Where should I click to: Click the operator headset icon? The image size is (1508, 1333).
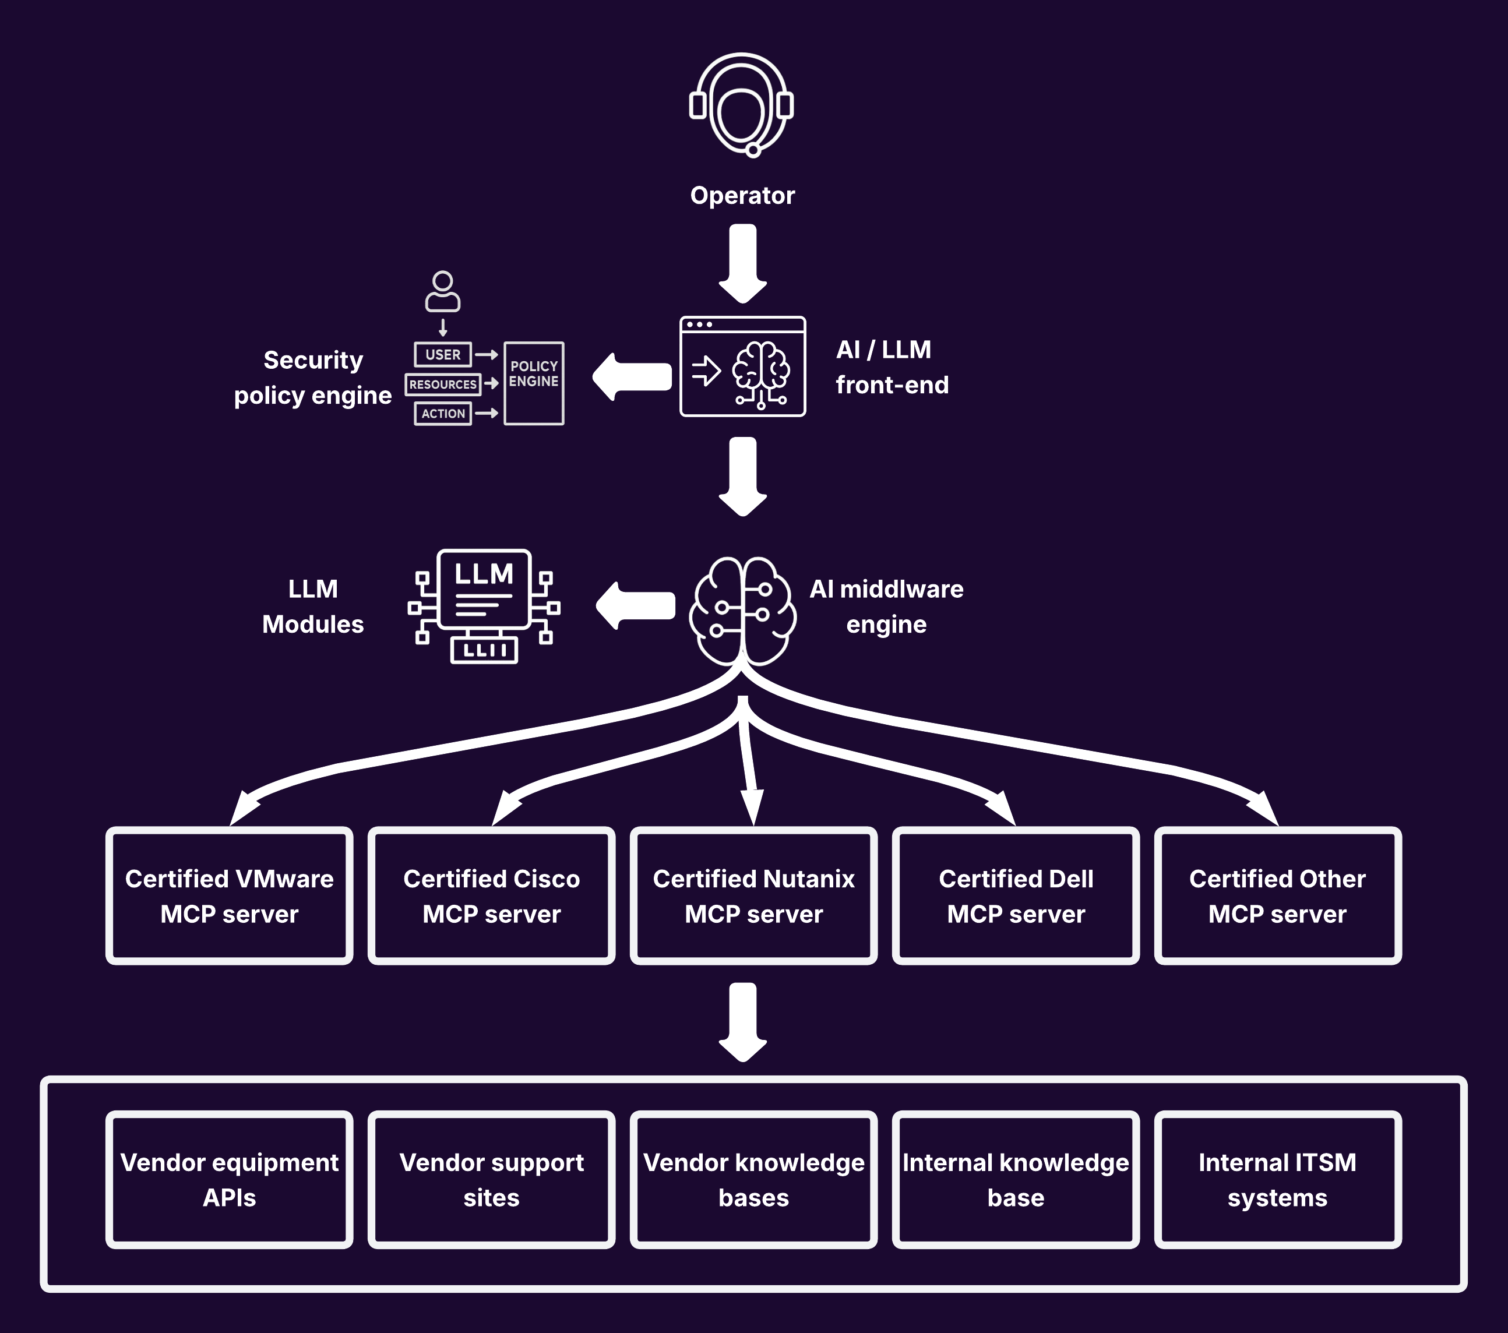[741, 105]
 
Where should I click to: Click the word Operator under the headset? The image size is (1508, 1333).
[742, 196]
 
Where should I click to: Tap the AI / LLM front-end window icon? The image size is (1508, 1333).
[742, 366]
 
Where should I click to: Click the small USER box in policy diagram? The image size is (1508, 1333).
[443, 355]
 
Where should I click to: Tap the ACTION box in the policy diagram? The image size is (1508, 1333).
[443, 414]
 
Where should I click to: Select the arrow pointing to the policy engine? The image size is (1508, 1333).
[632, 377]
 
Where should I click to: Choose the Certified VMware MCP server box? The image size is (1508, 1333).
[230, 895]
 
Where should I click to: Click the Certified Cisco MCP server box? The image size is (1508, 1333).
[491, 895]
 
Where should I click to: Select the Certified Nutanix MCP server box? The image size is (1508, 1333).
[753, 895]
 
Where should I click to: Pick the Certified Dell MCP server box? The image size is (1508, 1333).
[1016, 895]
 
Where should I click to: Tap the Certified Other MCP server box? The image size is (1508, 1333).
[1277, 895]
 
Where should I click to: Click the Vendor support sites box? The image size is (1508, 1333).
[491, 1180]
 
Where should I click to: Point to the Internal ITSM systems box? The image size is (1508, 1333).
[1277, 1180]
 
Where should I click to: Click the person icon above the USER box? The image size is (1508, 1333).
[443, 291]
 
